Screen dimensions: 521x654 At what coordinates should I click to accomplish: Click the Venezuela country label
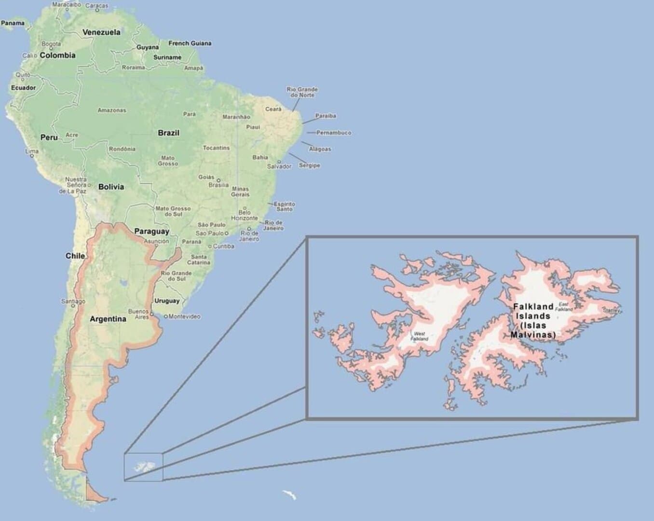[101, 32]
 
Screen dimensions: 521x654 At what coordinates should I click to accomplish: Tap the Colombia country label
[57, 55]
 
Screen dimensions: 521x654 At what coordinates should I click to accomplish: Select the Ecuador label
[23, 88]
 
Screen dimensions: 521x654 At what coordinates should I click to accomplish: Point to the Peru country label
[49, 137]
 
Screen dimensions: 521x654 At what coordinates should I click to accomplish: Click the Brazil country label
[168, 133]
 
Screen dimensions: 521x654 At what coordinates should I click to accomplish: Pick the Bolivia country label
[111, 187]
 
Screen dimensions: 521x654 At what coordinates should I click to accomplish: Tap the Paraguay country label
[151, 231]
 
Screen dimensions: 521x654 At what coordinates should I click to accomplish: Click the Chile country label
[75, 256]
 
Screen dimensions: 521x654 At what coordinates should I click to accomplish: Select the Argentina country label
[108, 319]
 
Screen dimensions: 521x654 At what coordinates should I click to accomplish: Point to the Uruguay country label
[167, 301]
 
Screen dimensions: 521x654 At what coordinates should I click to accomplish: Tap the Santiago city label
[73, 302]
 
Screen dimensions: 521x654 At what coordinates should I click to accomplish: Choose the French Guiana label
[190, 43]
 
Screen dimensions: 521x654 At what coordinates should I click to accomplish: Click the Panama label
[13, 23]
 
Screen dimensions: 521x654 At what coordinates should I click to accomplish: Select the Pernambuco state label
[334, 133]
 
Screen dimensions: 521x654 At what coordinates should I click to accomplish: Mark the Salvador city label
[279, 166]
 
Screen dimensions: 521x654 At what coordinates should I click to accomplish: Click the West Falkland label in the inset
[419, 336]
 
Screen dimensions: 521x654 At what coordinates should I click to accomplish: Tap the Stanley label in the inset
[611, 311]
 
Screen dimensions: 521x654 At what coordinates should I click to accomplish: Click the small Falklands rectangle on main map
[143, 467]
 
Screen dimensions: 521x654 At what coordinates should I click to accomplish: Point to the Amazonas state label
[112, 110]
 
